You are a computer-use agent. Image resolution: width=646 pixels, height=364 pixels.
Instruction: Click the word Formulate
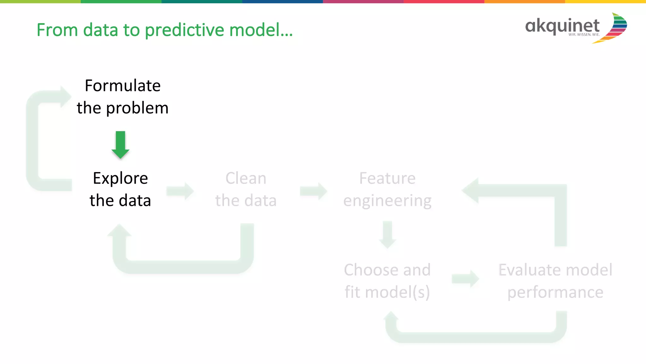click(x=123, y=86)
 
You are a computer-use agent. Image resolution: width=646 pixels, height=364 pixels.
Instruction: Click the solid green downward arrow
click(x=120, y=145)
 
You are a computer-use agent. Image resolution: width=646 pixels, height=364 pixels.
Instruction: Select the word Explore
click(x=120, y=178)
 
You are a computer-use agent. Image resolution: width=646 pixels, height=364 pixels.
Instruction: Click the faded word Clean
click(x=246, y=178)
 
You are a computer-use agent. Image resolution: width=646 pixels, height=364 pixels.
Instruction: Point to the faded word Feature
click(x=387, y=178)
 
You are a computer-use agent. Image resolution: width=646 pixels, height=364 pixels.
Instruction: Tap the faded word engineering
click(x=387, y=201)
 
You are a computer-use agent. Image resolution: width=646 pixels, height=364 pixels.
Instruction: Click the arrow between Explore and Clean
click(x=180, y=191)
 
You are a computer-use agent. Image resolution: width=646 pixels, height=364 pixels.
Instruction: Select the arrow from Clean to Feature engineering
click(x=314, y=191)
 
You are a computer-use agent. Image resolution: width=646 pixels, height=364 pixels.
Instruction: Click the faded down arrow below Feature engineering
click(x=388, y=235)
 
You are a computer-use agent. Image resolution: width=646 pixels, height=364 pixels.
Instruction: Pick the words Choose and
click(x=387, y=270)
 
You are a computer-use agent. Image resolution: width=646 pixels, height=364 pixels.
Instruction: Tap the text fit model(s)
click(x=387, y=292)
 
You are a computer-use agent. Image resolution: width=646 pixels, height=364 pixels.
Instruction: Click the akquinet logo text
click(x=562, y=26)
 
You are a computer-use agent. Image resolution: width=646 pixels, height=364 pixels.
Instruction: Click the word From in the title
click(x=57, y=30)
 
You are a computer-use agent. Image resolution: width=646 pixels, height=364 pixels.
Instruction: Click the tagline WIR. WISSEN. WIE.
click(x=584, y=35)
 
